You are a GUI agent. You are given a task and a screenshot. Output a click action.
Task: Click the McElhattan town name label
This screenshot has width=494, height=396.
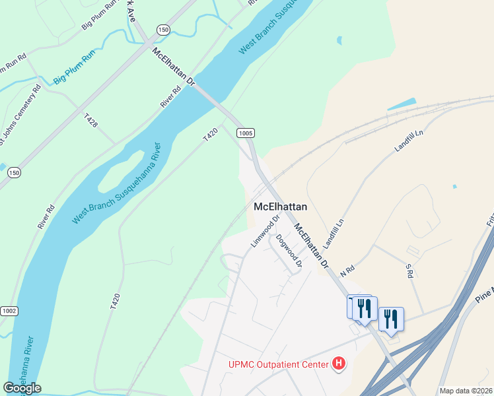281,207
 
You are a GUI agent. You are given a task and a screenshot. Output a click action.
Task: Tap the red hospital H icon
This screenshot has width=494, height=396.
339,362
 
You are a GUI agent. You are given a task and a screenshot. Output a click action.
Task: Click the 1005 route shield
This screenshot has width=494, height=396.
245,133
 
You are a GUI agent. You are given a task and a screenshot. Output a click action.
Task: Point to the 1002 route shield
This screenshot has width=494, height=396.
9,311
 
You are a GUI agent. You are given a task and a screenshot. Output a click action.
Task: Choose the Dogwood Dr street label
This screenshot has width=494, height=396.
289,251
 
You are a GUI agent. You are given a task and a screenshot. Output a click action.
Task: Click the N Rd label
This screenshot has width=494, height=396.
347,270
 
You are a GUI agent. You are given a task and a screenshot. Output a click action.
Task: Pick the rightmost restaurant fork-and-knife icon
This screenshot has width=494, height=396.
391,319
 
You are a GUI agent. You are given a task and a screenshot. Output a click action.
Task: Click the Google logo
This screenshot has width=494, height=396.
22,388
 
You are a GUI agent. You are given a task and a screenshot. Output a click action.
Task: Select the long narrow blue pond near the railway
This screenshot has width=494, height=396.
402,104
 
